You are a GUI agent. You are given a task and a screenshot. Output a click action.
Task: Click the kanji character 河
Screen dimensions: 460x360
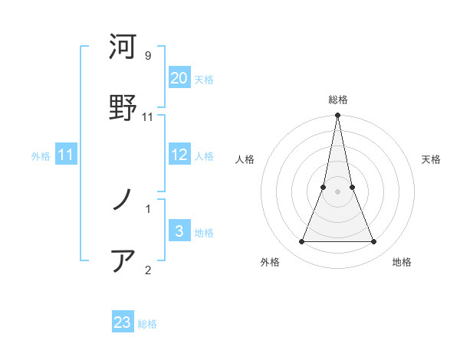[x=123, y=47]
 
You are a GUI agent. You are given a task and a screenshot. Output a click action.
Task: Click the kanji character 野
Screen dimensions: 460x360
[x=123, y=106]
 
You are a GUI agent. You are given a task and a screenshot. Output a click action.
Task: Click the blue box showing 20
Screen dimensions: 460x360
[x=179, y=78]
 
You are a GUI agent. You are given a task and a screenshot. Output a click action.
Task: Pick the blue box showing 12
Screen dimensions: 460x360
[x=179, y=155]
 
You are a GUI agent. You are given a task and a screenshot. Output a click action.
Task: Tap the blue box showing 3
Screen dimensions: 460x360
[x=179, y=231]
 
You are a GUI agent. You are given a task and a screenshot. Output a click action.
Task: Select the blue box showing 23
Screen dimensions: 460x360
[x=123, y=322]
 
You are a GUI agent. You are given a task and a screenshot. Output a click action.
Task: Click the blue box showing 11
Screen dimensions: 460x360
[x=66, y=155]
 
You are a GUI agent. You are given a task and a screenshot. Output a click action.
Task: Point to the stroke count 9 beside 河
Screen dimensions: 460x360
[x=148, y=56]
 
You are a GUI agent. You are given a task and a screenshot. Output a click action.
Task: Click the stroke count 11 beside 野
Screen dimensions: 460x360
[x=148, y=116]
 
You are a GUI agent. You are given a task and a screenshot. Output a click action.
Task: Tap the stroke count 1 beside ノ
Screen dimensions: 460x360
[x=148, y=208]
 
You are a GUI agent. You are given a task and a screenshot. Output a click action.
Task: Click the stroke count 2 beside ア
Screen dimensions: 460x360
[x=148, y=269]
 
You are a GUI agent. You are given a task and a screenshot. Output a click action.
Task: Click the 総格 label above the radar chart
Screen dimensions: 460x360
[x=338, y=100]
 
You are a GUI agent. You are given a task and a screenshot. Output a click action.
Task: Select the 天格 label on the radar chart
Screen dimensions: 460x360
[x=432, y=159]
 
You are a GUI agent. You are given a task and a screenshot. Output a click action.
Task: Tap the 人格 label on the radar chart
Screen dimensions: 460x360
[x=245, y=159]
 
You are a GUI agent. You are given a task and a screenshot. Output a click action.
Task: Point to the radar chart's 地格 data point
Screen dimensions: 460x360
[x=374, y=242]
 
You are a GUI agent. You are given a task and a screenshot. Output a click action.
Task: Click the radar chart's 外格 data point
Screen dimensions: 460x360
[x=301, y=242]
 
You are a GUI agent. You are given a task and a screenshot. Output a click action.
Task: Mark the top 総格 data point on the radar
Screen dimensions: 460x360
[x=338, y=116]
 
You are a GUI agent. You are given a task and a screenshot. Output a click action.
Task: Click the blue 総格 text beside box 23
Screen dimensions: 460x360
[x=148, y=324]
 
